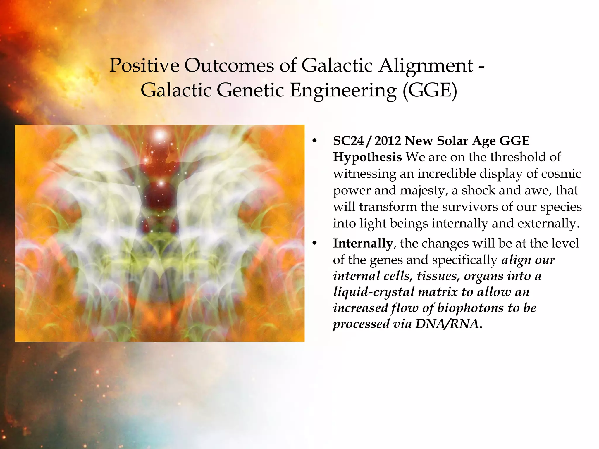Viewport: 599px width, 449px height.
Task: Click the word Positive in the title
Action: click(144, 65)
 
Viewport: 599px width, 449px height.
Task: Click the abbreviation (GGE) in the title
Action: click(430, 90)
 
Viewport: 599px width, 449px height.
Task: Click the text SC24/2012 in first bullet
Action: click(367, 141)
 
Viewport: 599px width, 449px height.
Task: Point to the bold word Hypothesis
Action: click(367, 157)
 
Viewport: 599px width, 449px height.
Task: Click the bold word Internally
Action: click(363, 243)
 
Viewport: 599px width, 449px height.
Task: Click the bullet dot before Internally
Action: click(314, 244)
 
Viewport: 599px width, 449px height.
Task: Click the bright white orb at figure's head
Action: click(160, 136)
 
